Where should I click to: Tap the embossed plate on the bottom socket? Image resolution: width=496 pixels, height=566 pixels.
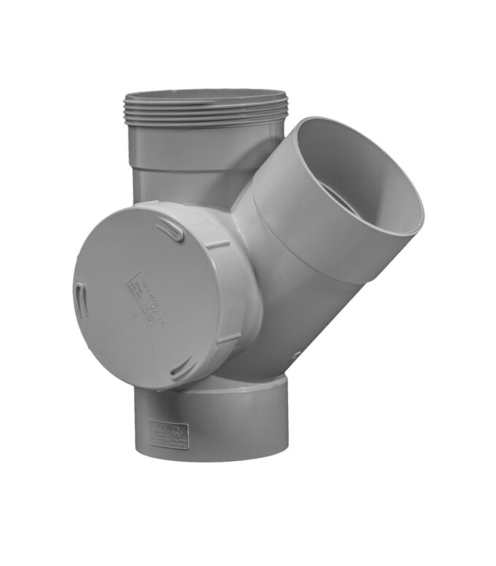tap(168, 433)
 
